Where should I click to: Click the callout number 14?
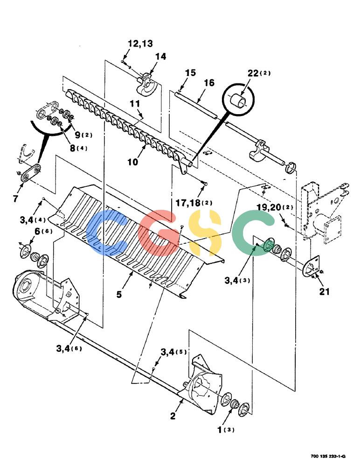[161, 56]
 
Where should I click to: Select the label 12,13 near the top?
[140, 44]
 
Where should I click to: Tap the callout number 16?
[209, 82]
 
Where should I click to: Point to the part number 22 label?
[253, 73]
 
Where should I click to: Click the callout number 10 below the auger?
[133, 162]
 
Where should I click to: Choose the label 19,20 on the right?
[269, 207]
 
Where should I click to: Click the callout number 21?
[325, 292]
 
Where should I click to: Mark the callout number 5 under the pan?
[119, 295]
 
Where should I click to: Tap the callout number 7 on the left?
[15, 198]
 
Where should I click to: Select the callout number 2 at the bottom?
[173, 416]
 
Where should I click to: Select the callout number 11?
[135, 104]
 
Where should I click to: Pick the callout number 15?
[190, 73]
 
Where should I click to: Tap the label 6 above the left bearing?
[37, 231]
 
